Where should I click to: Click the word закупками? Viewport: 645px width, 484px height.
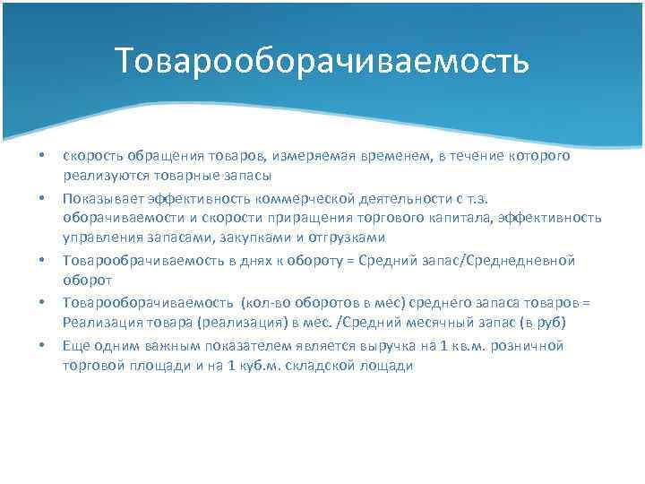coord(261,238)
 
